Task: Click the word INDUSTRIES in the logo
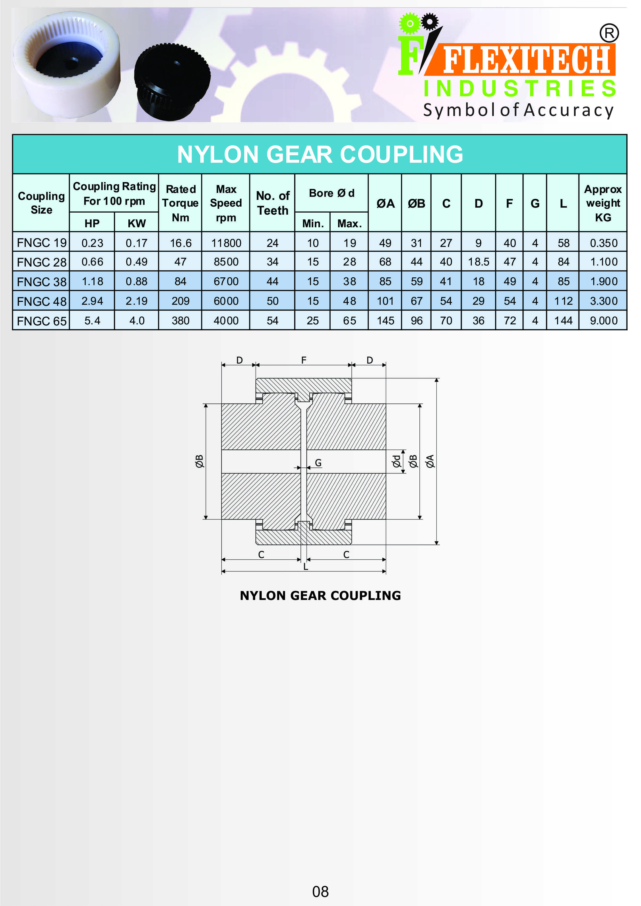[x=519, y=88]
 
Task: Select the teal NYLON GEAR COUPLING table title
[x=320, y=154]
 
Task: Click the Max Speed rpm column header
[x=226, y=203]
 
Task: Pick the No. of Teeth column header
[x=273, y=203]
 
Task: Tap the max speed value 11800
[x=226, y=243]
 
